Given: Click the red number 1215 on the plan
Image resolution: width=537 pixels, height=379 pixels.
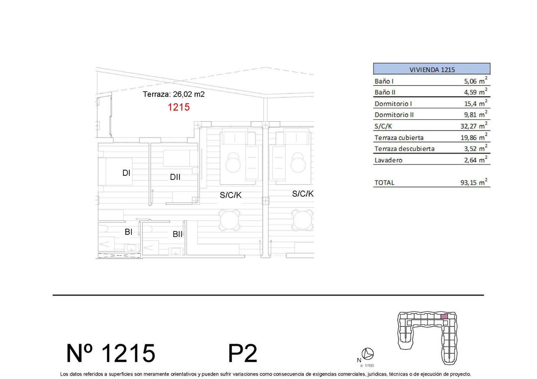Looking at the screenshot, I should pos(179,107).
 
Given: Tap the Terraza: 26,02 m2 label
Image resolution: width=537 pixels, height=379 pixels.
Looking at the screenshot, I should pos(174,94).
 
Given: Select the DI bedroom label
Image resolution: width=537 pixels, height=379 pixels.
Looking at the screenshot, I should pos(126,173).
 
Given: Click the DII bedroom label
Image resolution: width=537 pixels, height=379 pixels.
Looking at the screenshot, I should pos(175,177).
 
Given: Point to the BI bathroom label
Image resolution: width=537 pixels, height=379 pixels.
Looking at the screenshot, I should pos(128,231).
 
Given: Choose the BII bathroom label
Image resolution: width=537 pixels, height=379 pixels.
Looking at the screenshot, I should pos(178,234).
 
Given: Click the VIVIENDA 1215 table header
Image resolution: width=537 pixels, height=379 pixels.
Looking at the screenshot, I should pos(432,70).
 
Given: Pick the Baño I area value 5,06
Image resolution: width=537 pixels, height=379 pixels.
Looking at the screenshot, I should pos(467,81).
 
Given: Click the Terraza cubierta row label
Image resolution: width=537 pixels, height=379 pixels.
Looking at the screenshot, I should pos(399,138).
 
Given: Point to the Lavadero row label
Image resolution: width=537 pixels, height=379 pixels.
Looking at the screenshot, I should pos(388,160).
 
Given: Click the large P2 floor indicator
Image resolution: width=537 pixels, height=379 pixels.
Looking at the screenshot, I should pos(243,354).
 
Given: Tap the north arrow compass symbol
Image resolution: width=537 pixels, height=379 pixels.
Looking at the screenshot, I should pos(368,354).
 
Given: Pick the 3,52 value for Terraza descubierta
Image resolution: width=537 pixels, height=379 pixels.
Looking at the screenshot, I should pos(470,149).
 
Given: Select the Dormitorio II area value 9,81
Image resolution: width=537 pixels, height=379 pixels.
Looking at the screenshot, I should pos(470,115).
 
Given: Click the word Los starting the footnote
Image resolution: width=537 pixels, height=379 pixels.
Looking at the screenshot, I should pos(64,374).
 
